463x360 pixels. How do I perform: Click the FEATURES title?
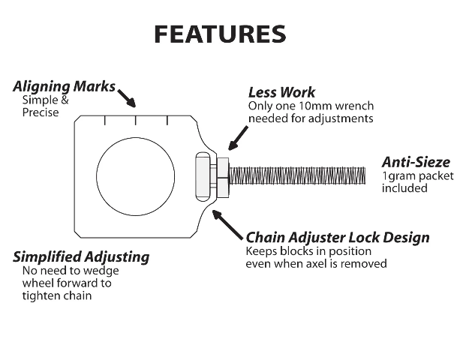(219, 34)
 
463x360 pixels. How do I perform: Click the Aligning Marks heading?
(65, 86)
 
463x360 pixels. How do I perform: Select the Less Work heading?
(281, 93)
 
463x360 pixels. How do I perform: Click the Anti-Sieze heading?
(416, 162)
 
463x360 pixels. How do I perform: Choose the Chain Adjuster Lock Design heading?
(338, 238)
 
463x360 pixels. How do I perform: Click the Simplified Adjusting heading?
(81, 257)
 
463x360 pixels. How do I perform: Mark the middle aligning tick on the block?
(136, 120)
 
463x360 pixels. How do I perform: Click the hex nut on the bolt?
(222, 175)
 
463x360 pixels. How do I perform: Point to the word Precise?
(40, 112)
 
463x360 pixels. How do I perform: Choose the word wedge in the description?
(99, 271)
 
